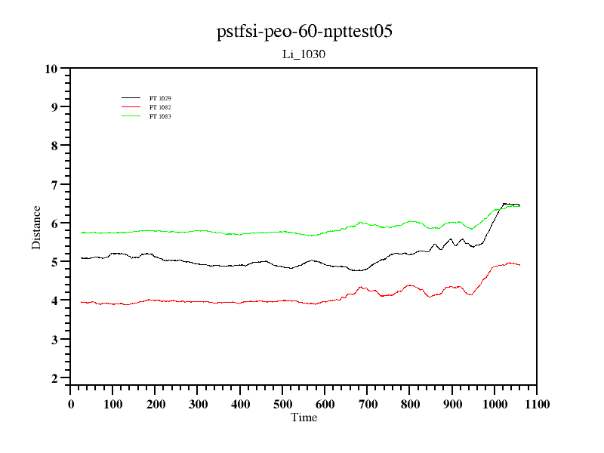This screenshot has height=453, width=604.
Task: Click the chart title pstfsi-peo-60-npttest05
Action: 304,32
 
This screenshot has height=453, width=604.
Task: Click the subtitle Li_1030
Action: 304,54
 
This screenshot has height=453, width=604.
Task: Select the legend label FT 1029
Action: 160,98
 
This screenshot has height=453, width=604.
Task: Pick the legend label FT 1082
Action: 160,107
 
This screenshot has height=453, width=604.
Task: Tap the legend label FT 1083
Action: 160,116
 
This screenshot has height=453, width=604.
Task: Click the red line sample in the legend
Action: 131,107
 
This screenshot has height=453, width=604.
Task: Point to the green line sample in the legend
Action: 131,116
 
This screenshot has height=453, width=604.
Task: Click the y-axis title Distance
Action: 36,227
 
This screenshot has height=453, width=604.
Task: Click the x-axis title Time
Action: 304,418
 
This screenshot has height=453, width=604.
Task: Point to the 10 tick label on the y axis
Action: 51,69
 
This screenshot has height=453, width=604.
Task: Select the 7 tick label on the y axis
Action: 54,184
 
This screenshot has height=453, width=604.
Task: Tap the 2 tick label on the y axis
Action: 54,378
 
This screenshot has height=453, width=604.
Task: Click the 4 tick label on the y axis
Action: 54,300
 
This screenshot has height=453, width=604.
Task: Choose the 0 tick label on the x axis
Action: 71,404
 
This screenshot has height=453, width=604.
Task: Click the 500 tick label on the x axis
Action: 282,404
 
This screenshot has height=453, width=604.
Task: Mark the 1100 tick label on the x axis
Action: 537,404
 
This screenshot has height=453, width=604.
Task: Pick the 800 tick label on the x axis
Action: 410,404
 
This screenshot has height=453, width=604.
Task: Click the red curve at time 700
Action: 367,288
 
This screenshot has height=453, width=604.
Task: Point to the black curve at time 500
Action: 282,267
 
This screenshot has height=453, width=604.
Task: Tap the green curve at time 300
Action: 198,231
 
